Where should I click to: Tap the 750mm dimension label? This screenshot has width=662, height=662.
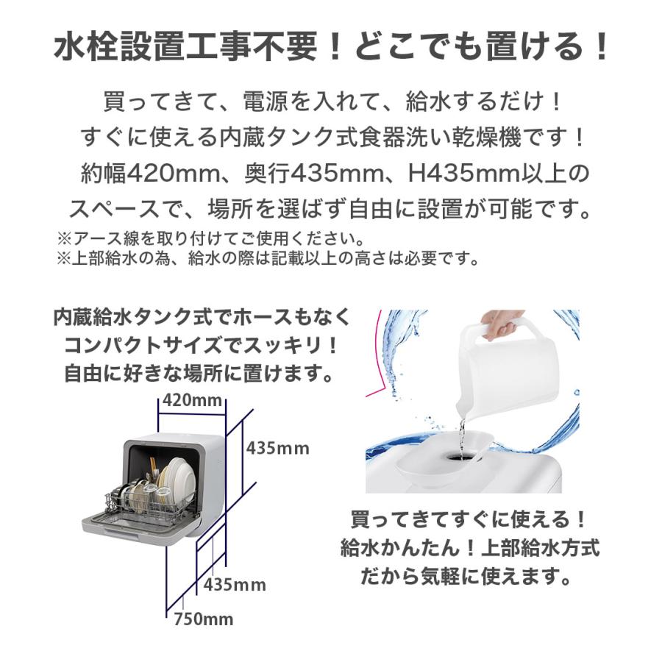[203, 619]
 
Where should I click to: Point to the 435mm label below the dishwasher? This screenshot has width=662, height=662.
[234, 586]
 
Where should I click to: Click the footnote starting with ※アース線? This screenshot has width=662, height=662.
[210, 239]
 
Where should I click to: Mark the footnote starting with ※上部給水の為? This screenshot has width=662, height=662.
[268, 258]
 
